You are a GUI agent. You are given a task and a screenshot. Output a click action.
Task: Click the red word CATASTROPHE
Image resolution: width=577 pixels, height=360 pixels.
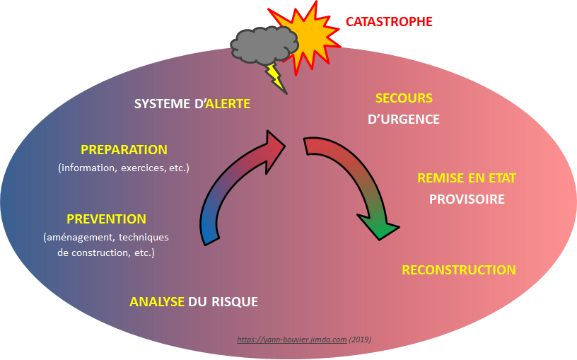(388, 22)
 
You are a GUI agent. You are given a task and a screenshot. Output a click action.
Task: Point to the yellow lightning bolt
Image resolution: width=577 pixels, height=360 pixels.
(275, 77)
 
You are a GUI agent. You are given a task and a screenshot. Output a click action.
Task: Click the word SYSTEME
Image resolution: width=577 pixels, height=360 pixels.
(162, 104)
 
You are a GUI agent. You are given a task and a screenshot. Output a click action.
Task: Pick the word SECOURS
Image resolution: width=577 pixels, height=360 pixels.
(404, 98)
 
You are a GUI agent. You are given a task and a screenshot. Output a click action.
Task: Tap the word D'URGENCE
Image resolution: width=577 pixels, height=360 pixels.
(404, 120)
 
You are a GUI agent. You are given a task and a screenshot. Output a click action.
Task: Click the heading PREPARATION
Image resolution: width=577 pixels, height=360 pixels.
(124, 150)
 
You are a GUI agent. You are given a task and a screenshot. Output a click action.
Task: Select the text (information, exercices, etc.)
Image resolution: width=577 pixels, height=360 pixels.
(124, 168)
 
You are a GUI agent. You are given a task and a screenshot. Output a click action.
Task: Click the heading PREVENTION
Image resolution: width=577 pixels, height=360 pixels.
(106, 219)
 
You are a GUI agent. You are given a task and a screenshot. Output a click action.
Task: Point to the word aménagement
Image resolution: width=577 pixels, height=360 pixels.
(80, 237)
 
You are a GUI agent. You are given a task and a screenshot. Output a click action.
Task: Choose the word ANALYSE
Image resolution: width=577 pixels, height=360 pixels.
(157, 302)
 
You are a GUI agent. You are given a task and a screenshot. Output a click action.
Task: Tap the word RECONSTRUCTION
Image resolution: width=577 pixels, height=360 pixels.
(458, 269)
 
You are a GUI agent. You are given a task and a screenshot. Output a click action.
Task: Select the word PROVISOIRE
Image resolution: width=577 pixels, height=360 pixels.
(467, 199)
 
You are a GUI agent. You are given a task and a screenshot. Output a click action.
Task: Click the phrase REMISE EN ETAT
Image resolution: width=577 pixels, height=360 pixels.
(467, 178)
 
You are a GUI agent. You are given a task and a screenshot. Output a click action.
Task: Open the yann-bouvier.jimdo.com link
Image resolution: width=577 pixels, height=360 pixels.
(291, 339)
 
